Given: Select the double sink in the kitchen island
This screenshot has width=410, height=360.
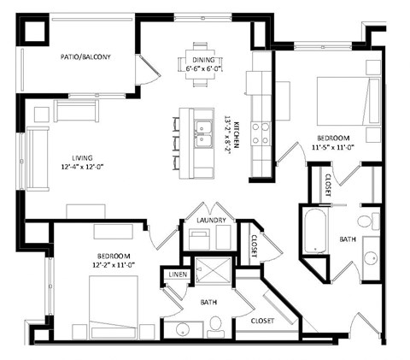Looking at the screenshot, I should tap(203, 133).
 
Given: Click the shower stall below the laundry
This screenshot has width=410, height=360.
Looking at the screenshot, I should tap(208, 271).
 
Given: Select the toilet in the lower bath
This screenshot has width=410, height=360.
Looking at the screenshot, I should tap(215, 325).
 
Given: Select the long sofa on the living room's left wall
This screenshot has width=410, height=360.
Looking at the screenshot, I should tap(37, 159).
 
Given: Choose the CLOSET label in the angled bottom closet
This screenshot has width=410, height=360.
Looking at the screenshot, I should tap(261, 322).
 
